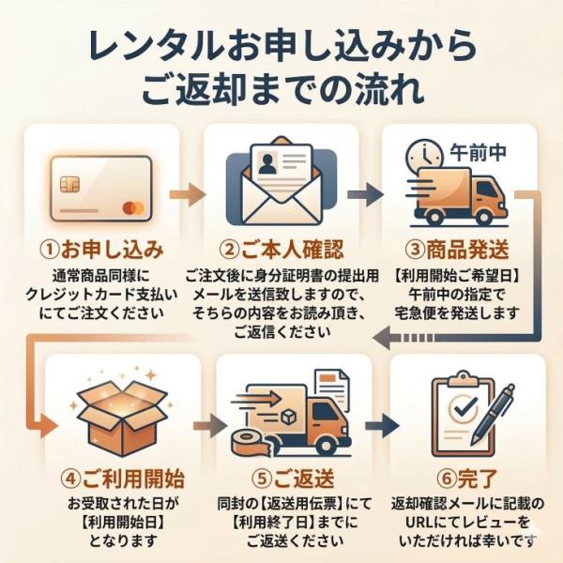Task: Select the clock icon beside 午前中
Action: (427, 154)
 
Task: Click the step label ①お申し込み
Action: (101, 251)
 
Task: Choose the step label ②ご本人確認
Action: (281, 251)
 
